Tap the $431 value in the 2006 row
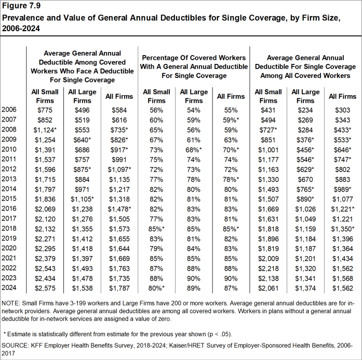pyautogui.click(x=269, y=110)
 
